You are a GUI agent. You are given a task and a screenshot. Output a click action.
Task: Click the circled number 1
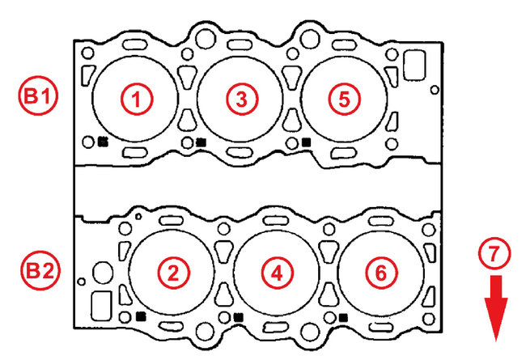[x=137, y=99]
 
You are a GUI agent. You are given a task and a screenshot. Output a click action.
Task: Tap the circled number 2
[x=173, y=273]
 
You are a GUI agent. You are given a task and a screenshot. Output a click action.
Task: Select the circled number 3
[x=242, y=99]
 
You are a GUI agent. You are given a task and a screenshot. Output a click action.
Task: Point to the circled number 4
[x=277, y=273]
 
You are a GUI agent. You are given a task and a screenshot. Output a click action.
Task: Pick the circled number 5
[x=345, y=99]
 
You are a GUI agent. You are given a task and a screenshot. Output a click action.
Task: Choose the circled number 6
[x=381, y=273]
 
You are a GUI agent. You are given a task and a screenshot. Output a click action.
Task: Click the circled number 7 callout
[x=494, y=253]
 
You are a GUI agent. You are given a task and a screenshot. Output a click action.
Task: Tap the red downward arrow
[x=496, y=308]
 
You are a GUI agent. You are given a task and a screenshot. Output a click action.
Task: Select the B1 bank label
[x=38, y=95]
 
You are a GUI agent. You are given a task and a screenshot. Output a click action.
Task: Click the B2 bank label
[x=40, y=270]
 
